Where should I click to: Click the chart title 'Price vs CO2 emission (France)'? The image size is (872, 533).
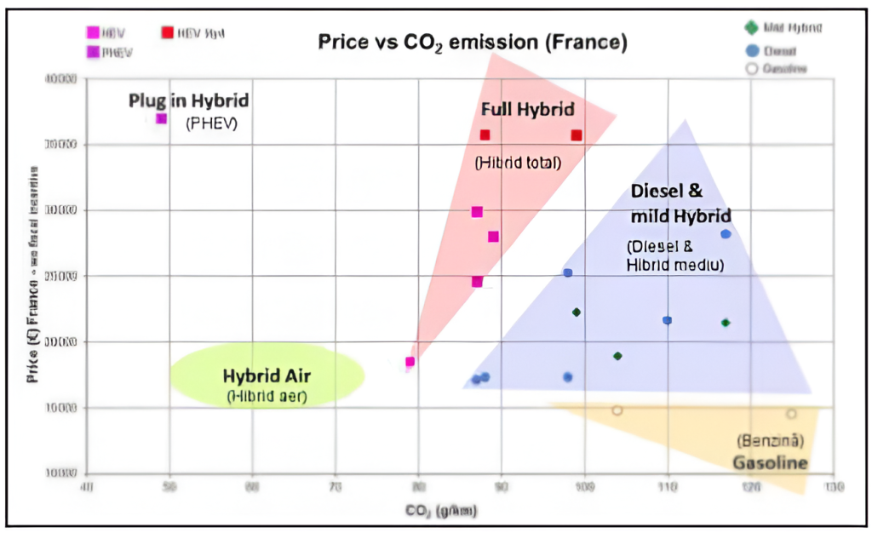(472, 43)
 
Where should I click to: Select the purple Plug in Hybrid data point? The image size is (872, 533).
(161, 118)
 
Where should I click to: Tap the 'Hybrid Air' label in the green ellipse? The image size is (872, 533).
(266, 375)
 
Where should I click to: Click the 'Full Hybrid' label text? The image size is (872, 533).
(528, 109)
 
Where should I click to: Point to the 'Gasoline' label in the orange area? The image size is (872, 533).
(770, 462)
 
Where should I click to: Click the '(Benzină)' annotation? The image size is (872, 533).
(770, 441)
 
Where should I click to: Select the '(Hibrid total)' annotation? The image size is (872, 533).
(518, 162)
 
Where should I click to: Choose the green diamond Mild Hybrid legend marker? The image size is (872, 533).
(750, 28)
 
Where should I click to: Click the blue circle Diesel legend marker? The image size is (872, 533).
(750, 49)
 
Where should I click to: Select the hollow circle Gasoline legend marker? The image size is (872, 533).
(750, 68)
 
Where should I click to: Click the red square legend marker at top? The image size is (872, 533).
(168, 33)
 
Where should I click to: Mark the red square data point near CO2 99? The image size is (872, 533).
(577, 135)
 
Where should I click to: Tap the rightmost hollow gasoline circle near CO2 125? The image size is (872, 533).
(791, 414)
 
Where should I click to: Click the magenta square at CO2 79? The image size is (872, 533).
(410, 362)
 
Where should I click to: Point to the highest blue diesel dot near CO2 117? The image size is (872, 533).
(726, 234)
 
